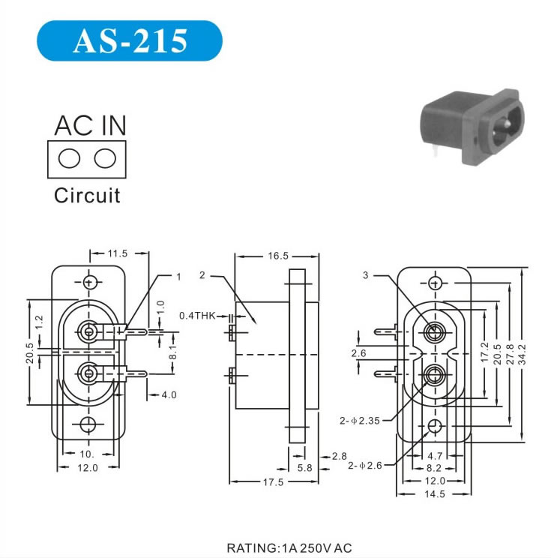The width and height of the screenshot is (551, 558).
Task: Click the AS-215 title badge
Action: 129,41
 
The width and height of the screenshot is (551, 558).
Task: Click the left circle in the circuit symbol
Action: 70,158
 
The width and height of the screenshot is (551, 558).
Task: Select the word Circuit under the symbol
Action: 87,196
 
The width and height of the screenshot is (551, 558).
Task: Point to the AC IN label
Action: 90,126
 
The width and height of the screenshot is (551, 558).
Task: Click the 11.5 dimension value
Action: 117,254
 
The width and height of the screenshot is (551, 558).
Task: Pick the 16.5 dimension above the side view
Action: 277,256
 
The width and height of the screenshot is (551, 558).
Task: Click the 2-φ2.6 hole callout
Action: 365,465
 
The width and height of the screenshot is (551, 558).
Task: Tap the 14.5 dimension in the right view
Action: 435,494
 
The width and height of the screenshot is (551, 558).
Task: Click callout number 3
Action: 365,275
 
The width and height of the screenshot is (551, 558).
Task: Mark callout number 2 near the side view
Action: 202,275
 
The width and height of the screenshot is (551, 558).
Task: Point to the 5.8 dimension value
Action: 305,467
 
